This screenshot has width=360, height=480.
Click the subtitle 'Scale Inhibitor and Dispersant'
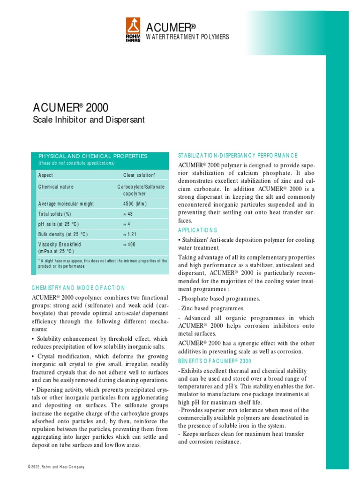click(x=89, y=120)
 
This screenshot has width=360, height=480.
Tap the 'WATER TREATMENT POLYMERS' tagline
click(x=188, y=37)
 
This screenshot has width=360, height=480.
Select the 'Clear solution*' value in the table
click(x=139, y=175)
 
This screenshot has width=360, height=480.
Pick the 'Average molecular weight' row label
click(x=66, y=204)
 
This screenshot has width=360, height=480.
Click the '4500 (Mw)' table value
click(x=135, y=204)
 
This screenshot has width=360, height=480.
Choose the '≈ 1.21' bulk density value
click(x=130, y=234)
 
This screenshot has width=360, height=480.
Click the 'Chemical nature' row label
click(x=56, y=187)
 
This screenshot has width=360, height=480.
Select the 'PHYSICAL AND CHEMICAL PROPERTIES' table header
click(x=93, y=156)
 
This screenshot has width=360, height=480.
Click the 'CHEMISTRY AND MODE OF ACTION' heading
click(x=79, y=288)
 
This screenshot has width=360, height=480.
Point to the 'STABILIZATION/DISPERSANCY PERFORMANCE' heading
click(x=238, y=156)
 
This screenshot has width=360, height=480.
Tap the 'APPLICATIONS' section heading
click(x=197, y=230)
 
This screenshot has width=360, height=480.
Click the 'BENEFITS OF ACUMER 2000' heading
click(x=215, y=361)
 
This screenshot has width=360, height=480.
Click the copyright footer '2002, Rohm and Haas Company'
click(x=56, y=467)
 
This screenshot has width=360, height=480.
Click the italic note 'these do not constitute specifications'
click(x=76, y=163)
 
